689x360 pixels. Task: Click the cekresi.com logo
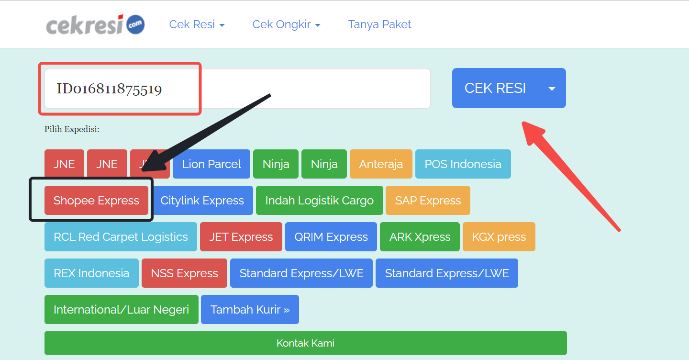click(95, 24)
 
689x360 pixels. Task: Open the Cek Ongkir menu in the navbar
click(286, 24)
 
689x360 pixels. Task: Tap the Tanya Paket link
click(379, 24)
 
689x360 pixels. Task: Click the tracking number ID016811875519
click(109, 89)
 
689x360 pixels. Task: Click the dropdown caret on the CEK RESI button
click(552, 89)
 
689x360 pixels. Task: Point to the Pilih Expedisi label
click(72, 129)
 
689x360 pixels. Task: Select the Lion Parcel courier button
click(211, 164)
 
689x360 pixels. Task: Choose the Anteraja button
click(381, 164)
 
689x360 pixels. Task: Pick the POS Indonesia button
click(463, 164)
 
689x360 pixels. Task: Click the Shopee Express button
click(96, 201)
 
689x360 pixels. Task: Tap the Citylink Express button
click(202, 201)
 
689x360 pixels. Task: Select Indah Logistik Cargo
click(319, 201)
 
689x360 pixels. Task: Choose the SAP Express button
click(428, 201)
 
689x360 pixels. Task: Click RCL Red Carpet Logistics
click(121, 237)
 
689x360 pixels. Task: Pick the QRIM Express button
click(331, 237)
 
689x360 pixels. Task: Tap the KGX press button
click(499, 237)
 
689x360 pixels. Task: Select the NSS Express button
click(184, 273)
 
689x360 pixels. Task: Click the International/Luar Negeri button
click(121, 310)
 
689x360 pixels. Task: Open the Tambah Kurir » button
click(250, 310)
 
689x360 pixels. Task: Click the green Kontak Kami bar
click(305, 343)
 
